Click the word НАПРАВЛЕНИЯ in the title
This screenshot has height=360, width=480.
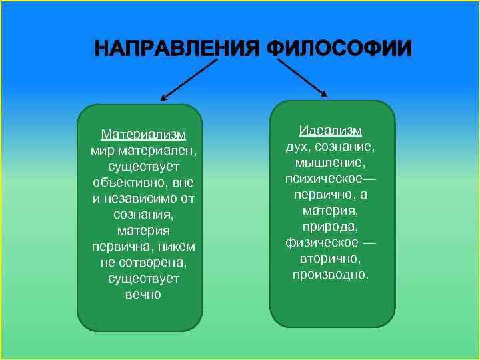[x=176, y=49]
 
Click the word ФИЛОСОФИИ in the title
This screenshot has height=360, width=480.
[x=339, y=49]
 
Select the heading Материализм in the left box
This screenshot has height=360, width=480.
[x=143, y=135]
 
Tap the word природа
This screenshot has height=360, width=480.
[x=330, y=226]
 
